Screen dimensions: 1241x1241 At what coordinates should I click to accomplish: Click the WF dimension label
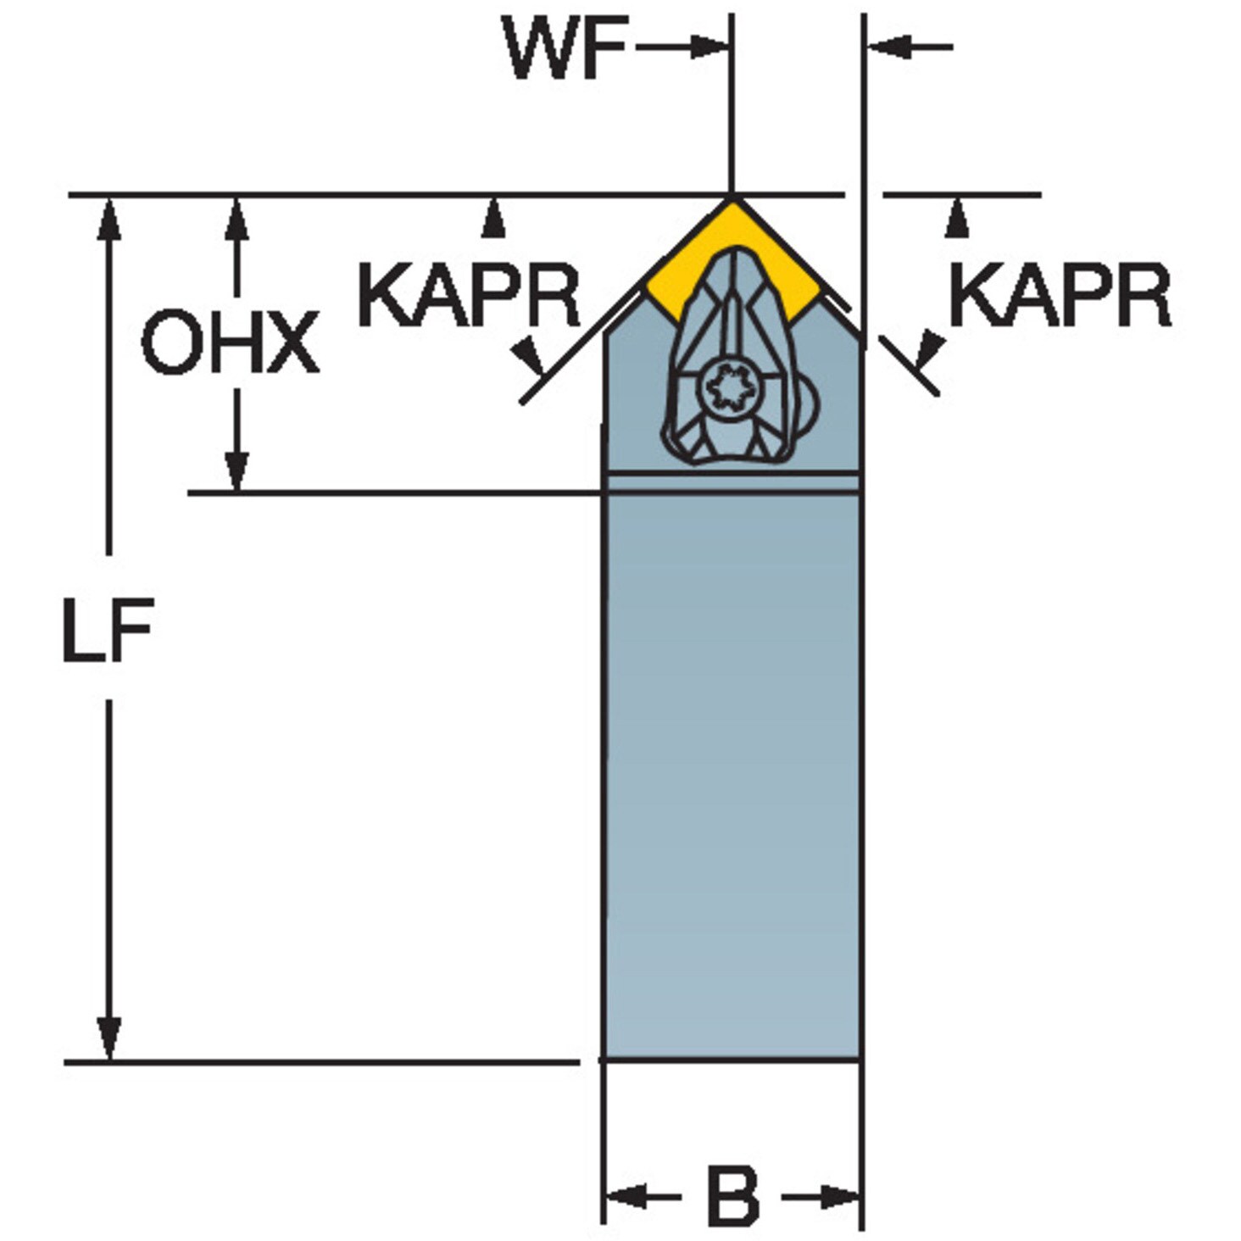(565, 47)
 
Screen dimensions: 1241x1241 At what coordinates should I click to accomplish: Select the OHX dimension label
(230, 342)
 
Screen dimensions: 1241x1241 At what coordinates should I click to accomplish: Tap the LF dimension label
(108, 629)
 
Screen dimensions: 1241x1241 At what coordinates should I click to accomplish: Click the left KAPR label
(469, 294)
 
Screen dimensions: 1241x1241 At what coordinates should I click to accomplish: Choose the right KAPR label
(1060, 294)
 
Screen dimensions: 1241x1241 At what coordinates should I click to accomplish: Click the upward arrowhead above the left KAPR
(493, 217)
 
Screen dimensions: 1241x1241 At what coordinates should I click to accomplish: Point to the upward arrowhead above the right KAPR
(958, 217)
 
